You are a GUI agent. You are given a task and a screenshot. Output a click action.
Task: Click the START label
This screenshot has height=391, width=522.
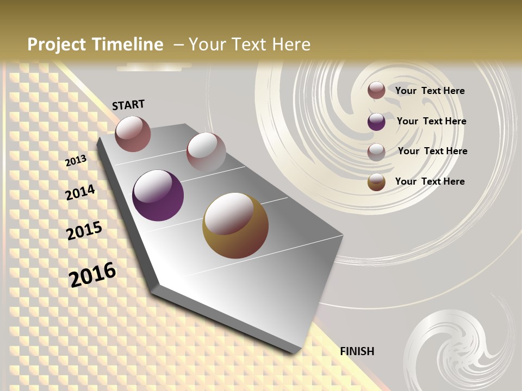point(128,105)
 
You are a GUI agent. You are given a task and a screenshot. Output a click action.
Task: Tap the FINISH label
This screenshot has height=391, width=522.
point(357,351)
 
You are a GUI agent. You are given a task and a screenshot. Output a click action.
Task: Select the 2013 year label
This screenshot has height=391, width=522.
point(76,161)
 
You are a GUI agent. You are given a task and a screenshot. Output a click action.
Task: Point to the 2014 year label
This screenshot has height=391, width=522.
point(80,192)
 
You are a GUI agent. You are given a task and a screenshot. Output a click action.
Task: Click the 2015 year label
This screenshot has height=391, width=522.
point(84,230)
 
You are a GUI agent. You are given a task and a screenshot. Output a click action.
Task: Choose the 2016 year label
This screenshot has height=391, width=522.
point(92,274)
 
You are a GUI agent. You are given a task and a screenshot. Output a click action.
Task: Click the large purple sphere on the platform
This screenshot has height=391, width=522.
point(158,195)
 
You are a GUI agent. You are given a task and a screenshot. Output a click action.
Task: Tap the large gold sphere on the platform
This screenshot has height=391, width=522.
point(235,225)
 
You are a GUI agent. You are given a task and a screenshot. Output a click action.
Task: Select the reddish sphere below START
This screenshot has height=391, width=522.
point(133,134)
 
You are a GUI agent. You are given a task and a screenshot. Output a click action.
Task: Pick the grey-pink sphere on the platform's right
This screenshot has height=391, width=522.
point(206,152)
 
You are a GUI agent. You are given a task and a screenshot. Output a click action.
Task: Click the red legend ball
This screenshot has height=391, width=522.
point(376,90)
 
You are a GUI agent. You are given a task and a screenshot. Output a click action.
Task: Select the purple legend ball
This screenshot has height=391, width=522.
point(376,122)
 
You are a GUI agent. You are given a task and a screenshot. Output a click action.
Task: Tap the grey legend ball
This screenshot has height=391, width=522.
point(376,152)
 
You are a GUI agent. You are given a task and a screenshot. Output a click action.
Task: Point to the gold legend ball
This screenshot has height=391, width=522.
point(376,182)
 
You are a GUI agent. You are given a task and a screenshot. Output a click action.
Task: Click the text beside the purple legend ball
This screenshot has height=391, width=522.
point(431,121)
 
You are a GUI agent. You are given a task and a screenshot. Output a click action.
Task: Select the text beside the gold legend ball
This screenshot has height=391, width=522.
point(430,181)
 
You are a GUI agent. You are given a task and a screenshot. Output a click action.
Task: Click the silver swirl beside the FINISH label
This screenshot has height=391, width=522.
point(457,348)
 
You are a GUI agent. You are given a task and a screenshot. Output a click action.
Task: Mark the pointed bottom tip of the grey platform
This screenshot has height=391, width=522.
point(294,352)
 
